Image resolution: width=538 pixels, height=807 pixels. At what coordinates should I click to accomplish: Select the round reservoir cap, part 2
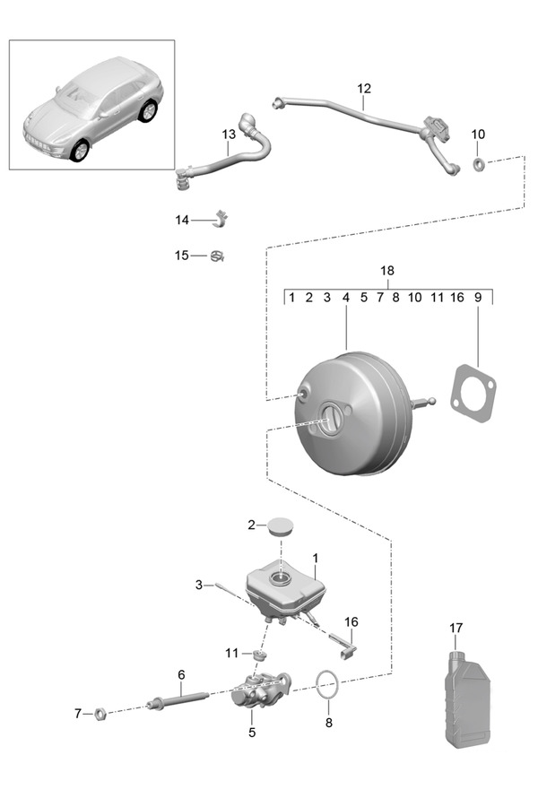[x=282, y=525]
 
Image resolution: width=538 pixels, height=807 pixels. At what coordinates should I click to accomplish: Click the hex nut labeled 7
[x=101, y=714]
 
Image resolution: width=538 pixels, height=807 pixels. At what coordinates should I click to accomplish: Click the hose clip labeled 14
[x=221, y=219]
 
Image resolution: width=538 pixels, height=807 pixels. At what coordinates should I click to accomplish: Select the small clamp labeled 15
[x=217, y=256]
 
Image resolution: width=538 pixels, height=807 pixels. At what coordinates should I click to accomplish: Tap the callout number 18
[x=387, y=271]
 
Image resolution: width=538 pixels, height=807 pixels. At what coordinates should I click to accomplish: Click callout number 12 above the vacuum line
[x=363, y=89]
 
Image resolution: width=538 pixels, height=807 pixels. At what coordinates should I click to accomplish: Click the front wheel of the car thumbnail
[x=79, y=150]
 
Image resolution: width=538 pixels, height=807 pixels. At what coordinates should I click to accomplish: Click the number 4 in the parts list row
[x=345, y=298]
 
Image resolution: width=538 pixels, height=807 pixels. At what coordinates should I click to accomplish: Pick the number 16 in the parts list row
[x=456, y=298]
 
